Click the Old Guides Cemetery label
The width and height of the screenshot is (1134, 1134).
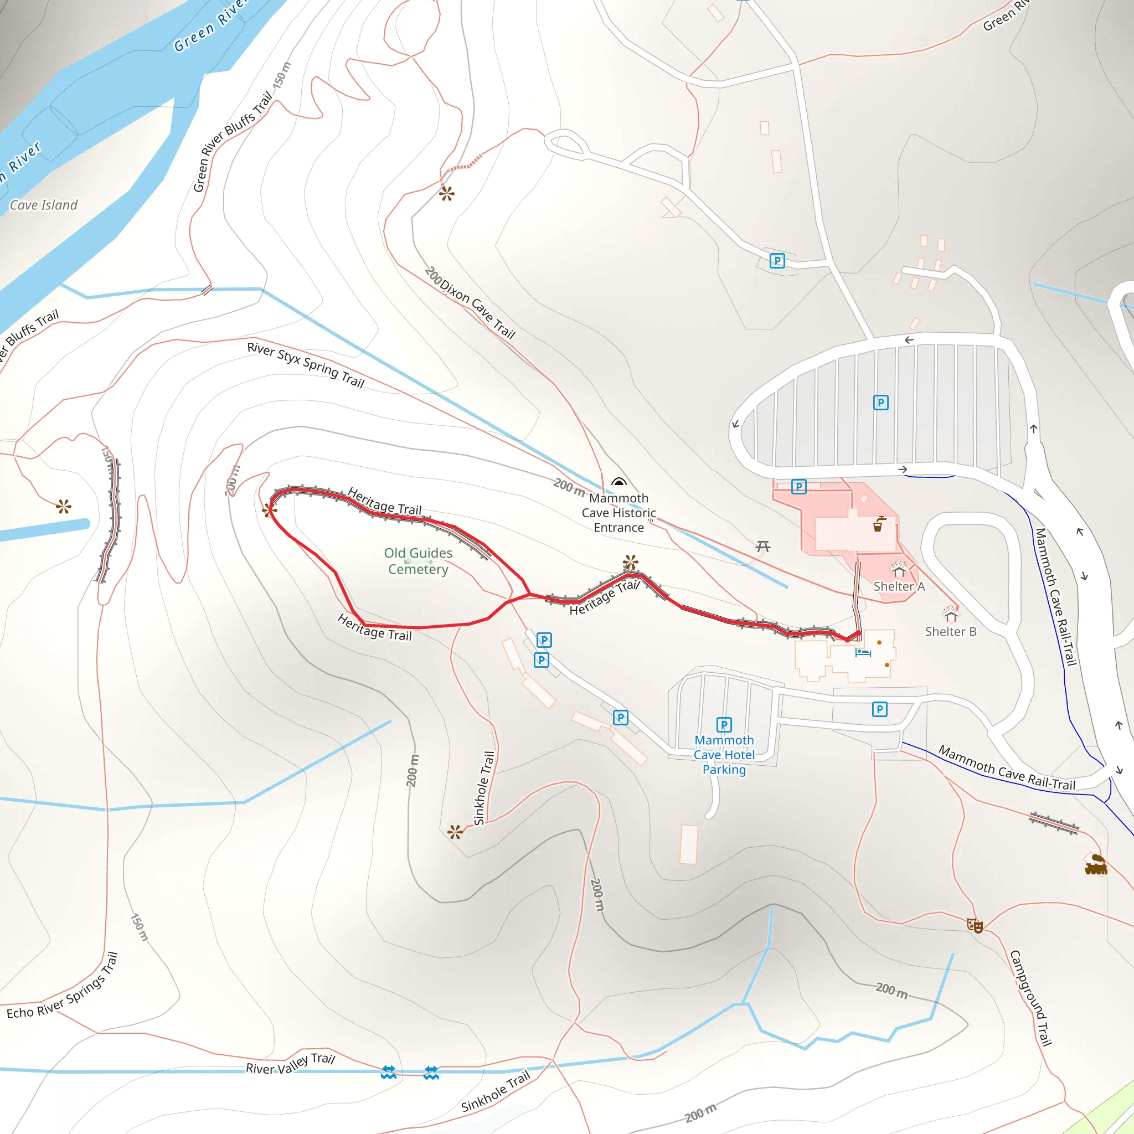(x=418, y=560)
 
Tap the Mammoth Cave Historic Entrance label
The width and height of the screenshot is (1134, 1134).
(x=618, y=512)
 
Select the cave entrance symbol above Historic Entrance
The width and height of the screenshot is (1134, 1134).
(x=618, y=482)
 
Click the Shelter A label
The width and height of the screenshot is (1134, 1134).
(x=899, y=586)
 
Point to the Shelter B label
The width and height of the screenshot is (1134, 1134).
(x=950, y=632)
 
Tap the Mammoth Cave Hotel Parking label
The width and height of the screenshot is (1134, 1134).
(x=724, y=755)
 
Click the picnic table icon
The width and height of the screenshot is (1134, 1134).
(x=762, y=547)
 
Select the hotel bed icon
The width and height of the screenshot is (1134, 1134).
(x=862, y=652)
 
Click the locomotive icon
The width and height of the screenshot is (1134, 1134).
(x=1095, y=864)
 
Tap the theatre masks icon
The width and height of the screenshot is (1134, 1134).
(x=975, y=926)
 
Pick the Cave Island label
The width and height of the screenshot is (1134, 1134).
(x=43, y=205)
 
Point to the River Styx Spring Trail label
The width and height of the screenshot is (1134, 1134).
(x=306, y=364)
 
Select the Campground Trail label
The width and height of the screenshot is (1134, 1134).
(x=1030, y=997)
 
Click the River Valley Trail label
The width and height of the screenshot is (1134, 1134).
(x=290, y=1064)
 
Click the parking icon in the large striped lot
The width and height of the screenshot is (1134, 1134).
(x=880, y=403)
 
